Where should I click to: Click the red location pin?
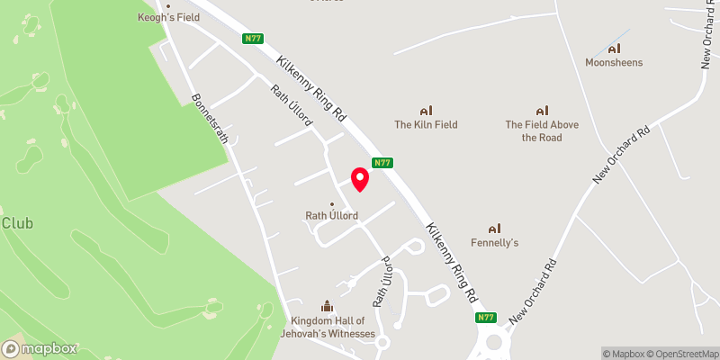click(x=360, y=178)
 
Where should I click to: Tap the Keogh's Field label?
click(x=167, y=17)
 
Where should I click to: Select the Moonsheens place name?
click(x=615, y=62)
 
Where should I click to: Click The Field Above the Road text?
click(x=542, y=130)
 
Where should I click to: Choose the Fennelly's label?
click(x=495, y=242)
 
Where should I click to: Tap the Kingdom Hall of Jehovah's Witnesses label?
click(x=332, y=327)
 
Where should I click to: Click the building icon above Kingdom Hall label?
click(x=327, y=307)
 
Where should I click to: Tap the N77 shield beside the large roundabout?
click(x=486, y=317)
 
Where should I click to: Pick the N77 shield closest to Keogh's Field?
click(x=252, y=38)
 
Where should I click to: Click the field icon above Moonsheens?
click(x=615, y=48)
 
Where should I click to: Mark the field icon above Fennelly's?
click(x=494, y=228)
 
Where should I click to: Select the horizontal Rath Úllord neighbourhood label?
click(x=332, y=215)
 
